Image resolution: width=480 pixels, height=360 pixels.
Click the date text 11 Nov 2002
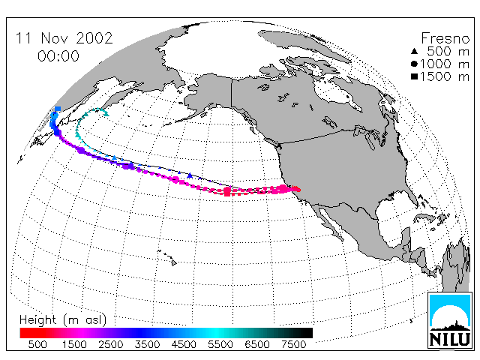tap(64, 38)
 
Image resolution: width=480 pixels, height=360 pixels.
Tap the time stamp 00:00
tap(58, 56)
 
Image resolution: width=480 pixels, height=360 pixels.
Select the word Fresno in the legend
tap(445, 38)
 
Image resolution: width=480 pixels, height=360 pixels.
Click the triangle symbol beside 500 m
tap(414, 51)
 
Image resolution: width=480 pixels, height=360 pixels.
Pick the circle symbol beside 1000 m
tap(414, 64)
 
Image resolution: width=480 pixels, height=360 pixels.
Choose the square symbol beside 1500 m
tap(414, 76)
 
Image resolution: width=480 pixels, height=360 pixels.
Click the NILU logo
tap(450, 320)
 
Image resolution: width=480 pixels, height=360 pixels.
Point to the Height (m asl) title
tap(63, 320)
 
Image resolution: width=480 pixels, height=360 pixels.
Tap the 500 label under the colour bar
tap(37, 344)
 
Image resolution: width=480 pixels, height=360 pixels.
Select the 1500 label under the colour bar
tap(74, 344)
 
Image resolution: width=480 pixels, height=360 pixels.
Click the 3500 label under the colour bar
tap(147, 344)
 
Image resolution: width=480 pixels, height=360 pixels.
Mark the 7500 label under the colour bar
tap(293, 344)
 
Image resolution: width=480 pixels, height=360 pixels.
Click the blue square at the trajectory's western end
tap(58, 109)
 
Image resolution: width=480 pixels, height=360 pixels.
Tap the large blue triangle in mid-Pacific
tap(190, 175)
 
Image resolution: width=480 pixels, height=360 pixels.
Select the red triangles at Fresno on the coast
tap(295, 188)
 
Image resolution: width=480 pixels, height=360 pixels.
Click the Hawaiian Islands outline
tap(167, 256)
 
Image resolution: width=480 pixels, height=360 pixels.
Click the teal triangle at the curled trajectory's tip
tap(106, 114)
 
